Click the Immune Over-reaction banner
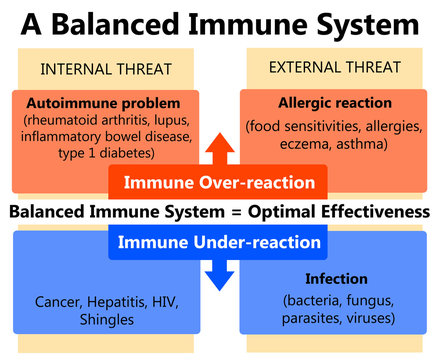(219, 183)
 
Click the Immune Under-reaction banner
(219, 242)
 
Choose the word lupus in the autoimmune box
(186, 120)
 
